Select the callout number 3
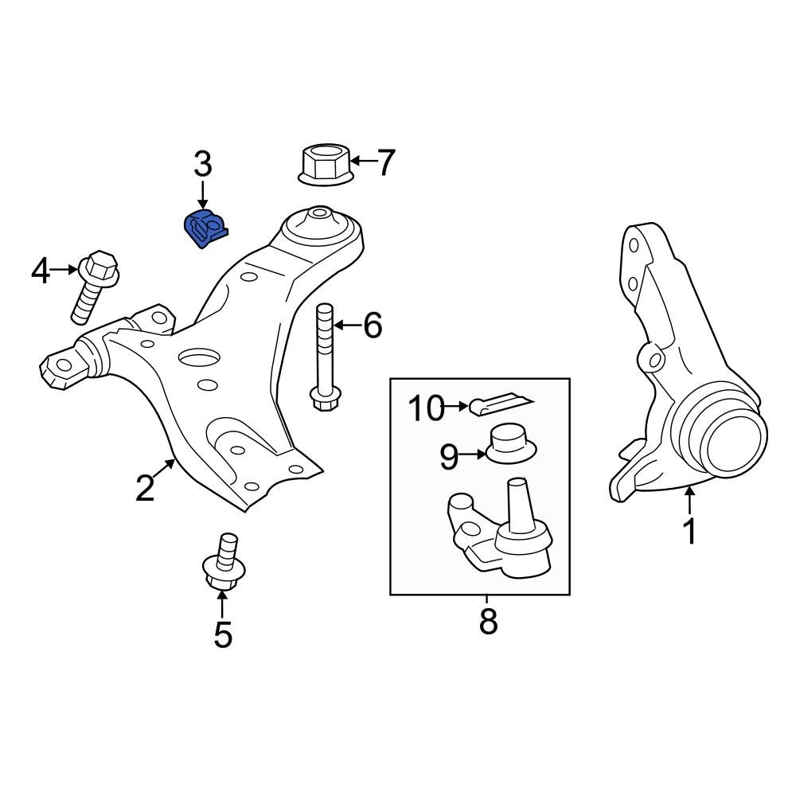click(203, 165)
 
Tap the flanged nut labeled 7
click(326, 164)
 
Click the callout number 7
click(385, 162)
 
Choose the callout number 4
click(41, 271)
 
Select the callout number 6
click(373, 325)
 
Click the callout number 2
click(144, 488)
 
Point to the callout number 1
click(689, 530)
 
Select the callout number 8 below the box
click(488, 621)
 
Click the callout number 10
click(426, 408)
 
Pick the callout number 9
click(449, 456)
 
